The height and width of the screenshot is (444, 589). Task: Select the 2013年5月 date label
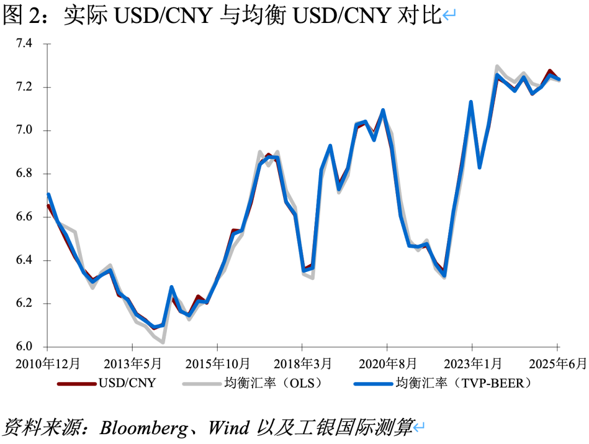(x=133, y=363)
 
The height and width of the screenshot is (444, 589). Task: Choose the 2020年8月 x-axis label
(x=388, y=363)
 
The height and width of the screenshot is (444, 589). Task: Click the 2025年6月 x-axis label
(x=557, y=363)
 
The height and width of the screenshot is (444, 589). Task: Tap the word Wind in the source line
(x=229, y=428)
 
